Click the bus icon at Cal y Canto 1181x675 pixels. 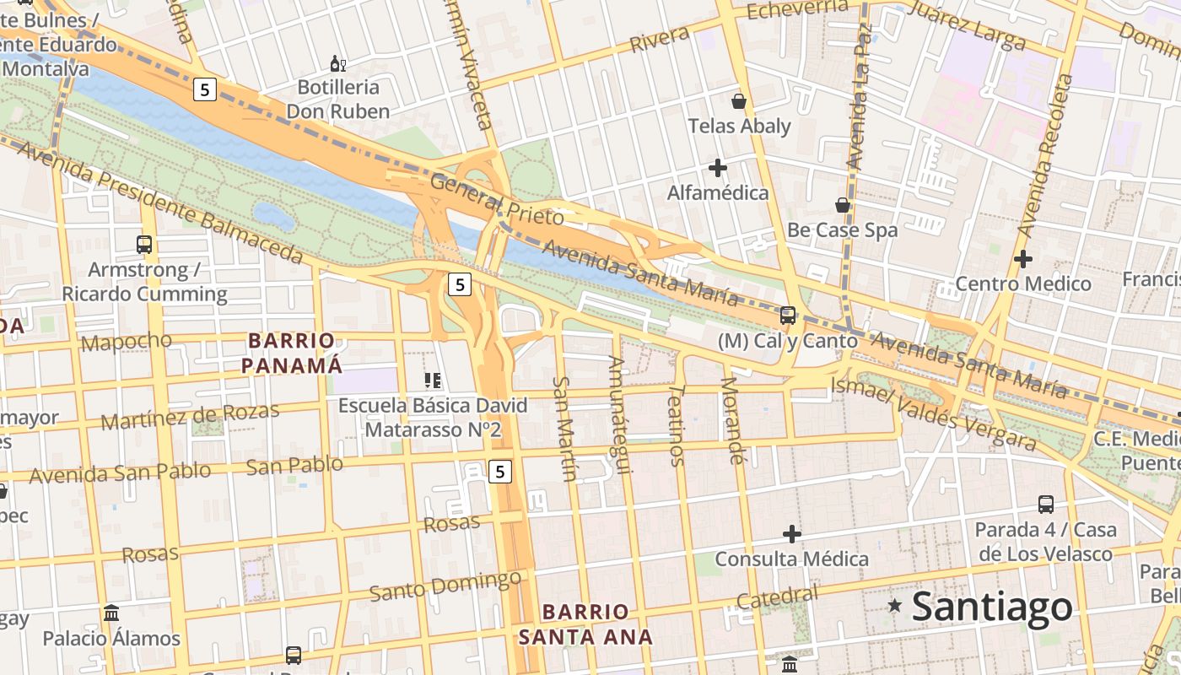click(788, 316)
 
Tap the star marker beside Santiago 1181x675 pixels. click(895, 606)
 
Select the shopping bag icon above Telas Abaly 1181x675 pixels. click(739, 101)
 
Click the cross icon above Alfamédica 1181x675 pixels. click(718, 168)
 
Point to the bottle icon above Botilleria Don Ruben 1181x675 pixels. click(337, 63)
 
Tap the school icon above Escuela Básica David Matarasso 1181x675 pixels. click(433, 381)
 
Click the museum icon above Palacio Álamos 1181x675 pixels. click(111, 613)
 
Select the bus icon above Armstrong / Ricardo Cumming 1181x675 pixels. click(144, 245)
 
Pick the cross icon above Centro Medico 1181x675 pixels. click(1023, 258)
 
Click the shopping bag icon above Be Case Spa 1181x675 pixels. click(842, 205)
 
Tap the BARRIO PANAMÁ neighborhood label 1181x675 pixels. click(292, 353)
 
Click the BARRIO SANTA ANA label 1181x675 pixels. click(585, 624)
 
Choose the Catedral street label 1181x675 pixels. click(777, 597)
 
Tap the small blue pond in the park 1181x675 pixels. click(273, 216)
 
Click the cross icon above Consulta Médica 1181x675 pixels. click(791, 534)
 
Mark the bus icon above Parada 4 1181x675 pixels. click(1046, 505)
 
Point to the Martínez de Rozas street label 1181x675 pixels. click(190, 416)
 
